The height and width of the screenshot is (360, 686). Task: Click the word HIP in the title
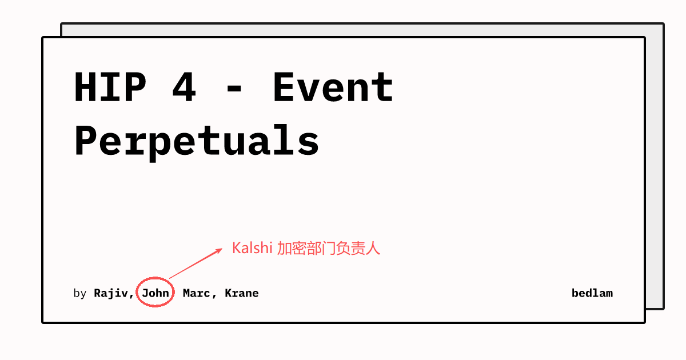[110, 87]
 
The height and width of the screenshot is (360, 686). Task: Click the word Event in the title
[333, 87]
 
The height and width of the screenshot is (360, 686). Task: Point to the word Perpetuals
[197, 140]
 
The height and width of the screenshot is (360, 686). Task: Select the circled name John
[155, 293]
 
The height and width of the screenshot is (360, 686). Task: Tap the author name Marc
[196, 293]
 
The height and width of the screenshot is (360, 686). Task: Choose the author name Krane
[241, 293]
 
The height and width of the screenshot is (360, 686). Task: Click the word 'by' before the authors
[79, 294]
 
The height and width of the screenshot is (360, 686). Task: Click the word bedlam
[592, 293]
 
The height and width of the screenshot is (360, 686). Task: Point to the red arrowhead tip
[222, 249]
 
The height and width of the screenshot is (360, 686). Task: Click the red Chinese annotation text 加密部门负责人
[329, 248]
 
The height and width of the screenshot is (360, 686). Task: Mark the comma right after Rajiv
[132, 296]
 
